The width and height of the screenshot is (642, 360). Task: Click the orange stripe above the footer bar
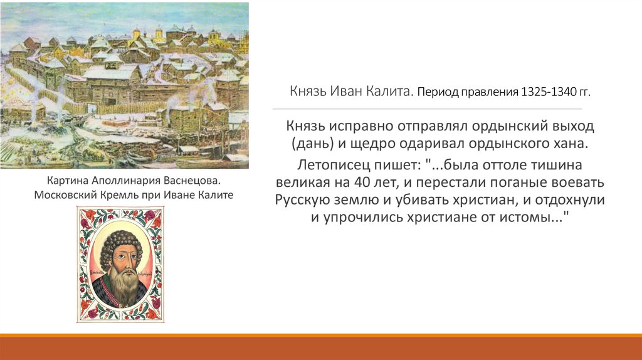tap(321, 336)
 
